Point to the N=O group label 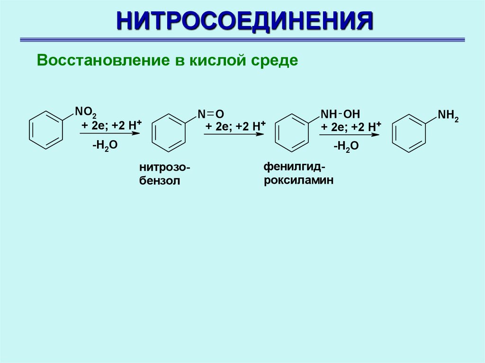click(210, 114)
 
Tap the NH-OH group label click(340, 114)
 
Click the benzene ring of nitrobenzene click(46, 130)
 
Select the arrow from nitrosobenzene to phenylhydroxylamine click(233, 134)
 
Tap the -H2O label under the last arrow click(346, 147)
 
